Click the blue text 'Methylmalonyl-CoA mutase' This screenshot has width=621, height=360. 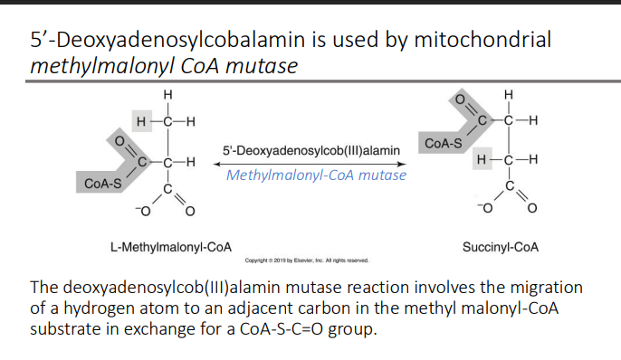pos(316,175)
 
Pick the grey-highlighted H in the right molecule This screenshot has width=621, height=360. pos(482,160)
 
